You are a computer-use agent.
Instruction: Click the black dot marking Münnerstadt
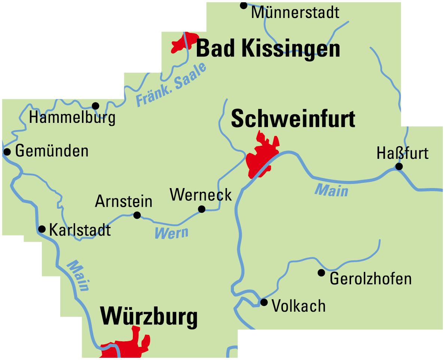coord(244,5)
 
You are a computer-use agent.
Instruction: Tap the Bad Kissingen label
coord(268,49)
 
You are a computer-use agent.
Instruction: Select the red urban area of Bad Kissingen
coord(183,43)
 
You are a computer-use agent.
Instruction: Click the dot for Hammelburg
coord(95,106)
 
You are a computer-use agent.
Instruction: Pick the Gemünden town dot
coord(7,152)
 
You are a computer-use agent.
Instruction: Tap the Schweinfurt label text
coord(293,119)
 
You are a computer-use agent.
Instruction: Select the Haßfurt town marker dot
coord(399,166)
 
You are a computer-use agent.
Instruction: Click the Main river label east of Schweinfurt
coord(331,190)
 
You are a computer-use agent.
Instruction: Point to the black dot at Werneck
coord(202,209)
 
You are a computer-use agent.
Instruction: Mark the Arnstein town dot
coord(137,215)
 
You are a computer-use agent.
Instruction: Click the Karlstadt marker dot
coord(42,229)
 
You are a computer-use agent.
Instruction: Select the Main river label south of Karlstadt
coord(78,276)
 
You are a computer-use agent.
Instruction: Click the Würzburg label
coord(149,317)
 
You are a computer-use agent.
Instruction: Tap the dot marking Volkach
coord(264,302)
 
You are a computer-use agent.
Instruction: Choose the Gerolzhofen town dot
coord(321,273)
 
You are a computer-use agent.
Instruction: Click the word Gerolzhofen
coord(371,279)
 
